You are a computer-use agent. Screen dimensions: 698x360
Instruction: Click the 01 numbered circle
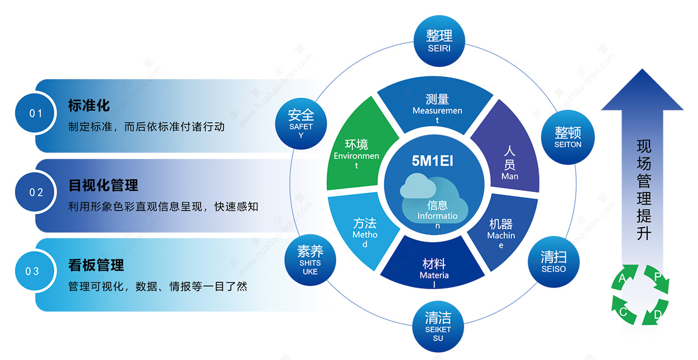[35, 113]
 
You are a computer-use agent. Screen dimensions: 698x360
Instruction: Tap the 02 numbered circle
[35, 192]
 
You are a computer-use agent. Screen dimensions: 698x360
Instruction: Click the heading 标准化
[89, 105]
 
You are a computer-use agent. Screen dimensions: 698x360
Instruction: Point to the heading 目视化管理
[103, 185]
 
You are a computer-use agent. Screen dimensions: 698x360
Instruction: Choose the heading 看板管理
[96, 265]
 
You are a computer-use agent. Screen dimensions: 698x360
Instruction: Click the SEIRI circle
[439, 41]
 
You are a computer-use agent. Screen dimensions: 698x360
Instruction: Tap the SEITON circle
[567, 137]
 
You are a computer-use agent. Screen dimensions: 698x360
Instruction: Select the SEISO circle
[553, 262]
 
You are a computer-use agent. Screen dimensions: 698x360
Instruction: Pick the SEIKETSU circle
[438, 326]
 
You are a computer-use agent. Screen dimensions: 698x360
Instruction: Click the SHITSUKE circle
[310, 260]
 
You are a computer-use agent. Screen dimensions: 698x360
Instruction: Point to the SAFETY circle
[301, 124]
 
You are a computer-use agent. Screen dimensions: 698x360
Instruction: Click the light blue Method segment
[361, 231]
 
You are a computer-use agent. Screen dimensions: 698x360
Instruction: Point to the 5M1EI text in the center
[433, 161]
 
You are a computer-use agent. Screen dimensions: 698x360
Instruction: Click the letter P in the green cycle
[658, 276]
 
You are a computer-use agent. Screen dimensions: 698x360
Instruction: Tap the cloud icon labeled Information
[434, 199]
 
